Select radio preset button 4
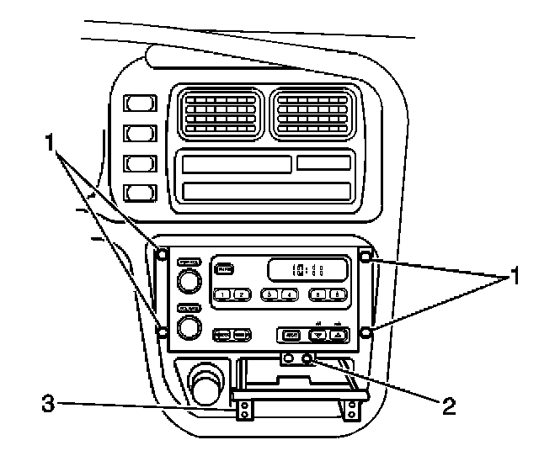(x=289, y=294)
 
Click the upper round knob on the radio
(x=189, y=279)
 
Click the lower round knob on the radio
(x=189, y=326)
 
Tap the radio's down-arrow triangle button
(x=318, y=335)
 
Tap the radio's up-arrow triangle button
(x=339, y=335)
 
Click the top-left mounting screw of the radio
(x=162, y=253)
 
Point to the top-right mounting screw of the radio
(x=366, y=256)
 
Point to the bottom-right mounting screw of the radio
(x=366, y=333)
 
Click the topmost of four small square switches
(x=136, y=104)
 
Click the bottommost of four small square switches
(x=136, y=193)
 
